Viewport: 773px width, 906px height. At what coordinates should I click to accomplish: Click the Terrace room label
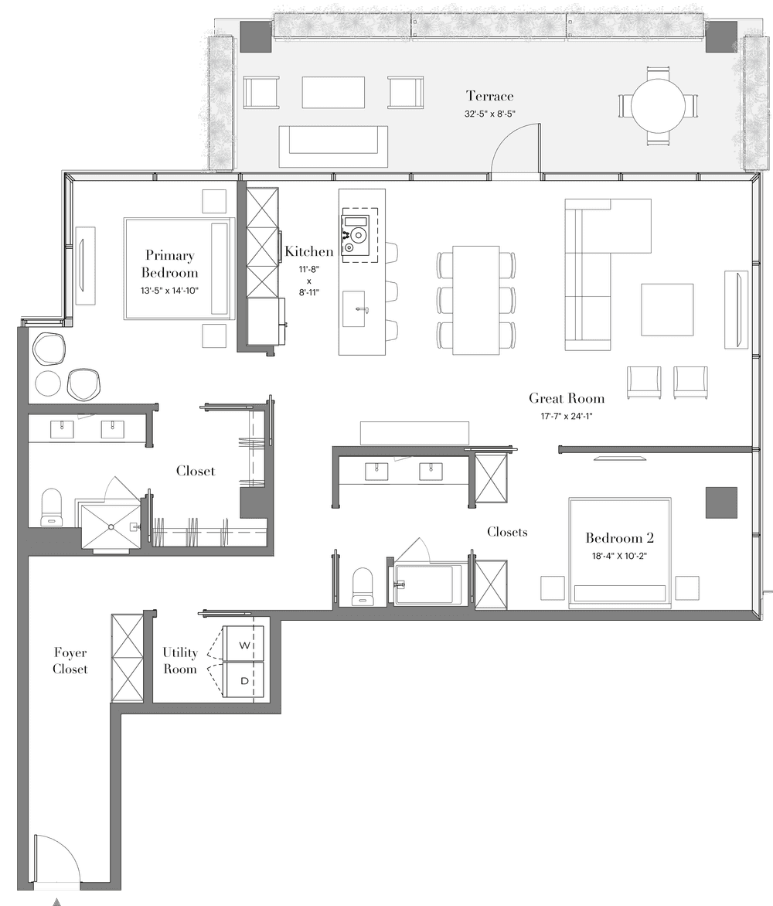pyautogui.click(x=489, y=96)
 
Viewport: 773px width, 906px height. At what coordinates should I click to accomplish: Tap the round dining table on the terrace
pyautogui.click(x=658, y=105)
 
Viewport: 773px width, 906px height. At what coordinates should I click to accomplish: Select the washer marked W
pyautogui.click(x=243, y=644)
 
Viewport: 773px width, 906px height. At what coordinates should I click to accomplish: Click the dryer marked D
pyautogui.click(x=243, y=680)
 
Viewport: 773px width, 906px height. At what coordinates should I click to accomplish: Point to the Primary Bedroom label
pyautogui.click(x=169, y=264)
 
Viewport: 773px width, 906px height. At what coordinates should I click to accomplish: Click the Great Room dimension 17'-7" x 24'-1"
pyautogui.click(x=566, y=416)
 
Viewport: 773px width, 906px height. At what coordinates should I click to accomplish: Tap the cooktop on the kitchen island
pyautogui.click(x=356, y=234)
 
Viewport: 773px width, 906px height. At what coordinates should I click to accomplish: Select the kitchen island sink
pyautogui.click(x=353, y=308)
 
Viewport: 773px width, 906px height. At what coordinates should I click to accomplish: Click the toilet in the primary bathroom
pyautogui.click(x=52, y=507)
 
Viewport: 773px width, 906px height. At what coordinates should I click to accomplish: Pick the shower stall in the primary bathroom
pyautogui.click(x=111, y=526)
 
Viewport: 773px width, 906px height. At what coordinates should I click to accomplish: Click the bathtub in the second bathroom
pyautogui.click(x=428, y=584)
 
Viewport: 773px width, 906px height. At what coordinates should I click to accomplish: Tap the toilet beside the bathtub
pyautogui.click(x=363, y=586)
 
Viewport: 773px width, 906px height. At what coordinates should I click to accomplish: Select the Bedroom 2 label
pyautogui.click(x=619, y=538)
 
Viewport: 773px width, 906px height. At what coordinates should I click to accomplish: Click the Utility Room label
pyautogui.click(x=179, y=660)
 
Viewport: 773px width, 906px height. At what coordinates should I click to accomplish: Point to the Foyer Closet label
pyautogui.click(x=70, y=660)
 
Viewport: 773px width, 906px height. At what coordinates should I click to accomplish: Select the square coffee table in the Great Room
pyautogui.click(x=666, y=309)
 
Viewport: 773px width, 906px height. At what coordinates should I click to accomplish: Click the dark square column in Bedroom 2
pyautogui.click(x=721, y=502)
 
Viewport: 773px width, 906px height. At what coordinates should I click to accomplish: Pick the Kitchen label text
pyautogui.click(x=309, y=251)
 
